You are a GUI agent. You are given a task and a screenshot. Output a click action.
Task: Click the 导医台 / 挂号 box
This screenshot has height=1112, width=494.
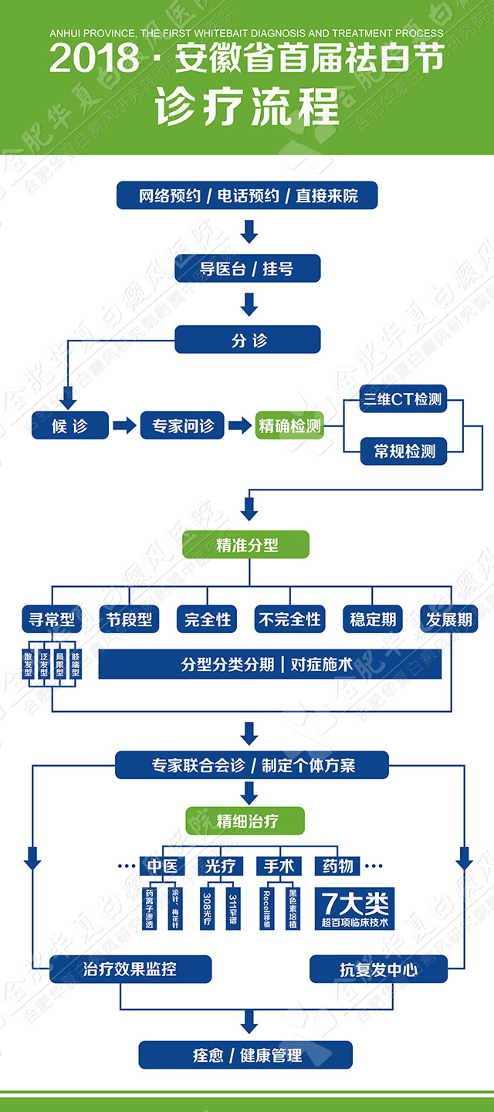(x=248, y=269)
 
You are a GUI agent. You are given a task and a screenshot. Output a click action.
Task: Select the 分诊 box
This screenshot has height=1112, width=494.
(x=248, y=340)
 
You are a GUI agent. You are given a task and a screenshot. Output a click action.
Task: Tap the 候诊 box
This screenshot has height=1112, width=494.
(x=69, y=425)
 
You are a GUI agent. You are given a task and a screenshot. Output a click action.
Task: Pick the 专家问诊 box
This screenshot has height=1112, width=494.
(x=182, y=425)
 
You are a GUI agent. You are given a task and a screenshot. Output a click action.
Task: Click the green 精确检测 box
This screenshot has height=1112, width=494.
(x=290, y=425)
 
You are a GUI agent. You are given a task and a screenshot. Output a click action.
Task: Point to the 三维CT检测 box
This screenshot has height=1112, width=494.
(x=403, y=399)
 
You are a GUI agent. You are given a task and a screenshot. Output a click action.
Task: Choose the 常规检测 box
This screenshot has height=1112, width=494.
(x=403, y=451)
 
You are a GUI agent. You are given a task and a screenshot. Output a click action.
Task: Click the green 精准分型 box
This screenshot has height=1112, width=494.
(x=246, y=544)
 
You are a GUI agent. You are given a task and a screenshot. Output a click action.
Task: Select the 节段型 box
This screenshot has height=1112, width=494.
(x=127, y=619)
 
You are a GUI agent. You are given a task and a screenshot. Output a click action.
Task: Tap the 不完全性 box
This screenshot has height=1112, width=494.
(x=289, y=619)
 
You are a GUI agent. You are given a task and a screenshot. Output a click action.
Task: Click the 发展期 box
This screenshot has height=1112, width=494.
(x=448, y=619)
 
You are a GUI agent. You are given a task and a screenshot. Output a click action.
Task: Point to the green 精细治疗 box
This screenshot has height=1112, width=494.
(x=246, y=821)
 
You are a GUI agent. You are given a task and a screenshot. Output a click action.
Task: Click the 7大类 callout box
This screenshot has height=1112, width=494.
(x=356, y=907)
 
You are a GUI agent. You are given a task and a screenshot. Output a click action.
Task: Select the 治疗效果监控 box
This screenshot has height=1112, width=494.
(x=130, y=968)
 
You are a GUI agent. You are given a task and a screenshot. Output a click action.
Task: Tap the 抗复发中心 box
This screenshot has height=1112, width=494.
(x=378, y=968)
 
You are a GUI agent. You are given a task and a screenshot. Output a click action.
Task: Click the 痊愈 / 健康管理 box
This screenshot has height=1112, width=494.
(x=246, y=1055)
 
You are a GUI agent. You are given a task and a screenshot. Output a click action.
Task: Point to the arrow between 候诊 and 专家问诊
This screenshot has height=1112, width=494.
(x=123, y=425)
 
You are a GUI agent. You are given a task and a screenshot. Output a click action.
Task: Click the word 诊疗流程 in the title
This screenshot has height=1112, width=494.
(x=247, y=108)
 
